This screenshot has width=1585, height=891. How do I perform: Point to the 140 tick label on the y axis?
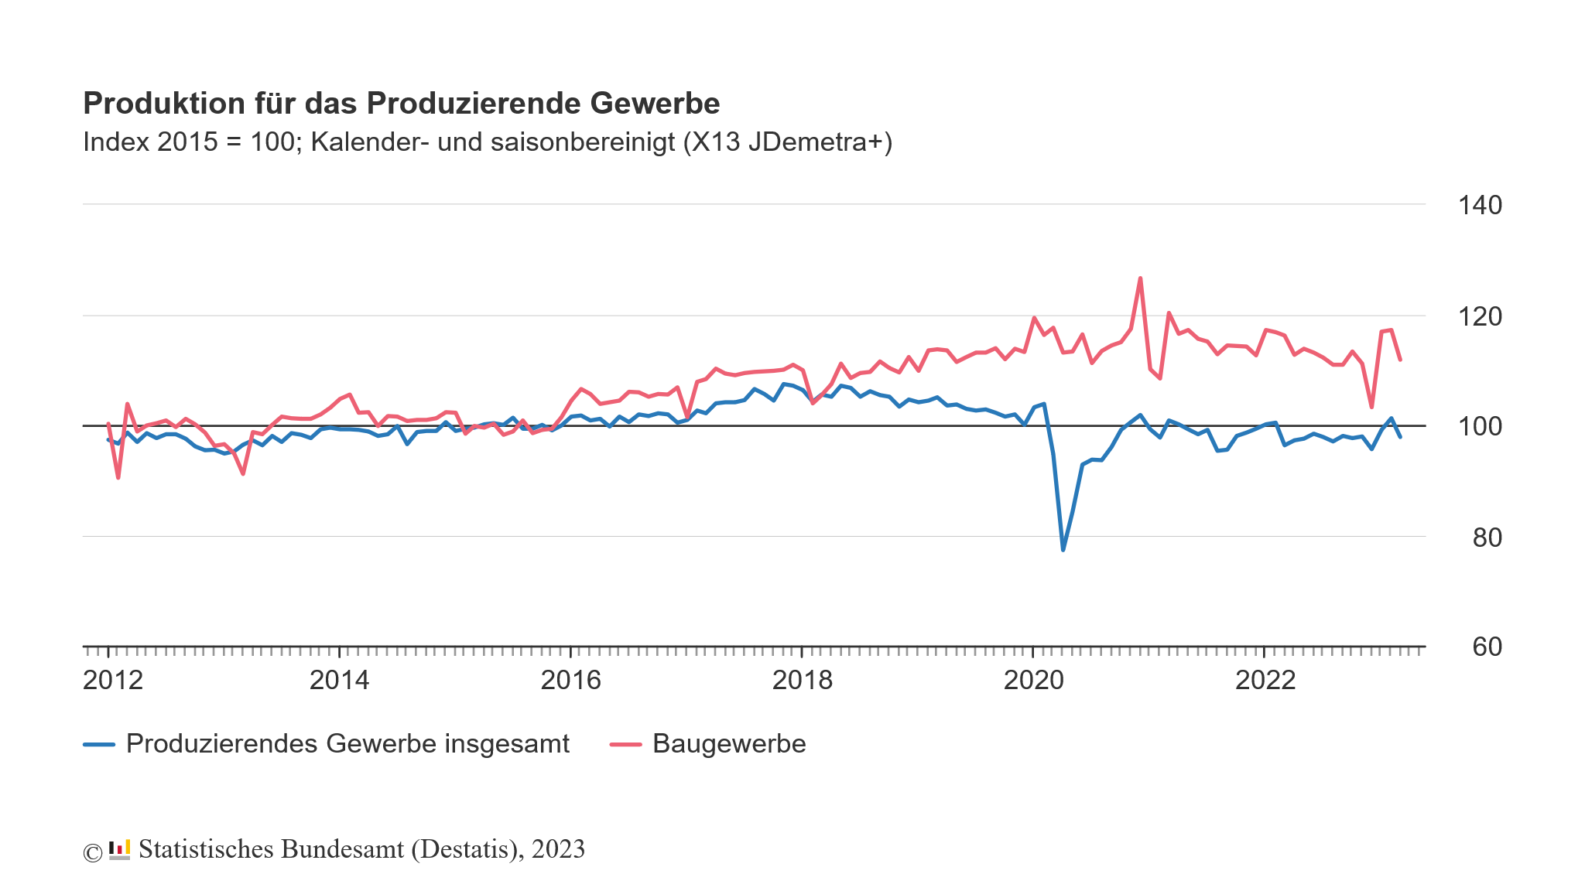(x=1479, y=206)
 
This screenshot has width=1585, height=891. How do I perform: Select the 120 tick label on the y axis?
(x=1479, y=316)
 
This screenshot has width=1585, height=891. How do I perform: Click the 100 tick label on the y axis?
(x=1479, y=427)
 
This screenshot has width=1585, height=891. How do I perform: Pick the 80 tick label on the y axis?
(x=1487, y=538)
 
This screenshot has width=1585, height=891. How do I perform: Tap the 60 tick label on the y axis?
(x=1487, y=647)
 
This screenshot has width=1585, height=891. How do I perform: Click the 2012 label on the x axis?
(x=113, y=681)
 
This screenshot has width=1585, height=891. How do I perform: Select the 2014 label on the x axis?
(x=339, y=681)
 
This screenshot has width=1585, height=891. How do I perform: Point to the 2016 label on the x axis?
(x=570, y=681)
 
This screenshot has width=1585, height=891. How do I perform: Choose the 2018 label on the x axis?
(x=802, y=681)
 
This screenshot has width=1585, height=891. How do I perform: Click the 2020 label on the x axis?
(x=1033, y=681)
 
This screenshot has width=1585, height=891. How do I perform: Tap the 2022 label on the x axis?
(x=1265, y=681)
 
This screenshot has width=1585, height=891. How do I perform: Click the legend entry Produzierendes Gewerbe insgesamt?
(x=347, y=744)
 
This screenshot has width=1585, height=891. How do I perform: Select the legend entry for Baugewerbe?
(x=728, y=744)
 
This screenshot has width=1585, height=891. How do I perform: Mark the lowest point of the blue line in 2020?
(x=1063, y=550)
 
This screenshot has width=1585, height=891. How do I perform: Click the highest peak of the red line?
(x=1140, y=278)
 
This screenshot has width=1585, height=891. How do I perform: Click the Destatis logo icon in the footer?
(x=119, y=850)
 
